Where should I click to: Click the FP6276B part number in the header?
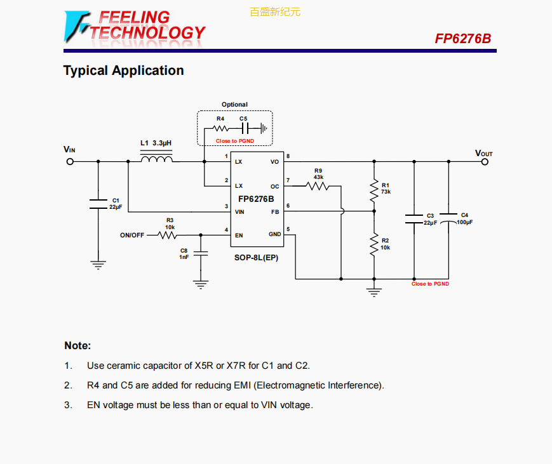[x=462, y=39]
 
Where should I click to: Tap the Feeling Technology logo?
[x=135, y=26]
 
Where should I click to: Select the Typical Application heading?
[x=123, y=70]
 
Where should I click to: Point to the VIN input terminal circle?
[x=70, y=161]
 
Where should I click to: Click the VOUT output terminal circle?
[x=485, y=161]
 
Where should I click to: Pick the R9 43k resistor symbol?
[x=318, y=186]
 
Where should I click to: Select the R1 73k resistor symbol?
[x=375, y=189]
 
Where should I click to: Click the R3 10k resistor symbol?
[x=167, y=235]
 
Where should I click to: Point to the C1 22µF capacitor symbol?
[x=98, y=203]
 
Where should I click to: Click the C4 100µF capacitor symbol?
[x=448, y=218]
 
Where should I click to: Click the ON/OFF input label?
[x=132, y=235]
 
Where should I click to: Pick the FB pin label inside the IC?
[x=275, y=211]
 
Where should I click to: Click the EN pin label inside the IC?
[x=239, y=235]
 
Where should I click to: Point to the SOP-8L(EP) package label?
[x=257, y=258]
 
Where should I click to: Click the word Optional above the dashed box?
[x=234, y=105]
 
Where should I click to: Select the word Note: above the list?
[x=77, y=346]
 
